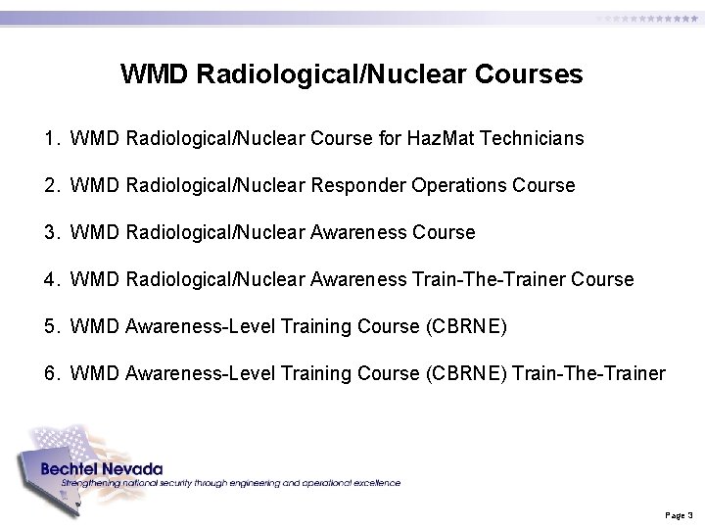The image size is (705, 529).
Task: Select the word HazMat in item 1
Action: [433, 139]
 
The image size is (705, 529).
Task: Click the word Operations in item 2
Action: [467, 186]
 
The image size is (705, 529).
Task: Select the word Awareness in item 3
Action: [358, 233]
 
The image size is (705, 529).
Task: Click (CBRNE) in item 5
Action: [467, 327]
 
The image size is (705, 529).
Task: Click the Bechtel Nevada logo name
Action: [102, 469]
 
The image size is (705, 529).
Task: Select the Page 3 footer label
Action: [679, 514]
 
